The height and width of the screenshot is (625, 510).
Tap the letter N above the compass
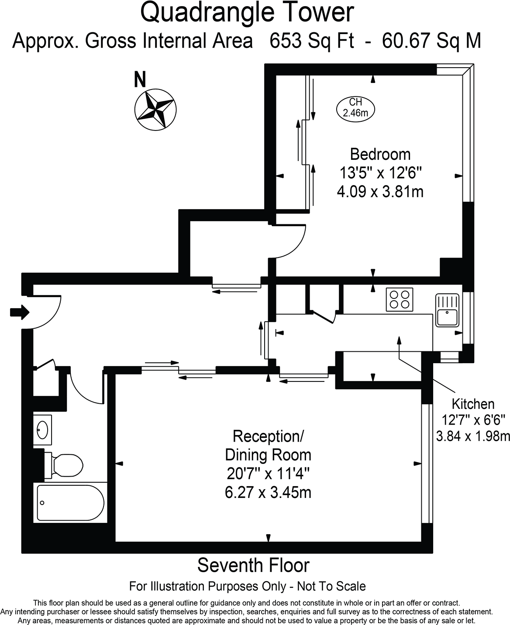(140, 79)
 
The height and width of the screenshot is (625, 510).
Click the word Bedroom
(380, 154)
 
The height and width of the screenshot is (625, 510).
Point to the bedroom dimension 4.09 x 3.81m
(380, 192)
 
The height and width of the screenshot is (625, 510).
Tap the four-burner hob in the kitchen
(400, 299)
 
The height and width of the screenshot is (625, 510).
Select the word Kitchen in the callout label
(473, 404)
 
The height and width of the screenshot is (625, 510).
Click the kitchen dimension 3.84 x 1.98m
(473, 436)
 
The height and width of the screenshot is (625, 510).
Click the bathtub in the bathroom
(70, 502)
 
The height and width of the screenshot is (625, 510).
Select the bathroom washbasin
(42, 430)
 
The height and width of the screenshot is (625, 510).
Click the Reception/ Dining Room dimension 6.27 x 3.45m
(268, 492)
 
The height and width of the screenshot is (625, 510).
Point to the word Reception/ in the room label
(268, 436)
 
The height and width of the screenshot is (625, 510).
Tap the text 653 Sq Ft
(311, 41)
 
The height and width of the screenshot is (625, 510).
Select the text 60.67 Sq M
(431, 41)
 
